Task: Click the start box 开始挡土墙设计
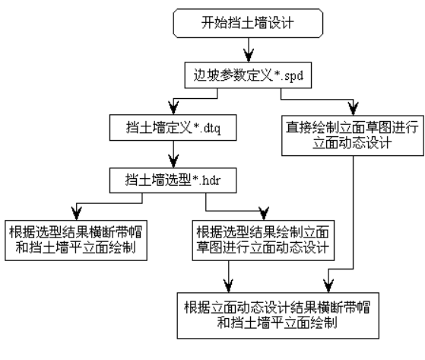248,23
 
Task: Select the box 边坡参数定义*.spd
248,75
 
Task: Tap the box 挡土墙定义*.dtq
173,128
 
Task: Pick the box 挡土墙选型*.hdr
173,180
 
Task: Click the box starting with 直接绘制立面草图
353,135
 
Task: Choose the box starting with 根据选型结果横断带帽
76,241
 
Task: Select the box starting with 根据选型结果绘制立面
263,241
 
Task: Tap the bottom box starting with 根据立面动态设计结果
278,316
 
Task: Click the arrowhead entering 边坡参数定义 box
249,56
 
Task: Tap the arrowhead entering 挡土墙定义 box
173,108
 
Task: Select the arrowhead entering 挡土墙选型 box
173,161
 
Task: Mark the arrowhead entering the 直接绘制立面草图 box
354,109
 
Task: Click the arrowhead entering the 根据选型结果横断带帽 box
77,214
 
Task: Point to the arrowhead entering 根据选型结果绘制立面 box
264,214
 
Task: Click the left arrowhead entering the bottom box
229,286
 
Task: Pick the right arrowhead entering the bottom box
328,286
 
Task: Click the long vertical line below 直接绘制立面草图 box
354,212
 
